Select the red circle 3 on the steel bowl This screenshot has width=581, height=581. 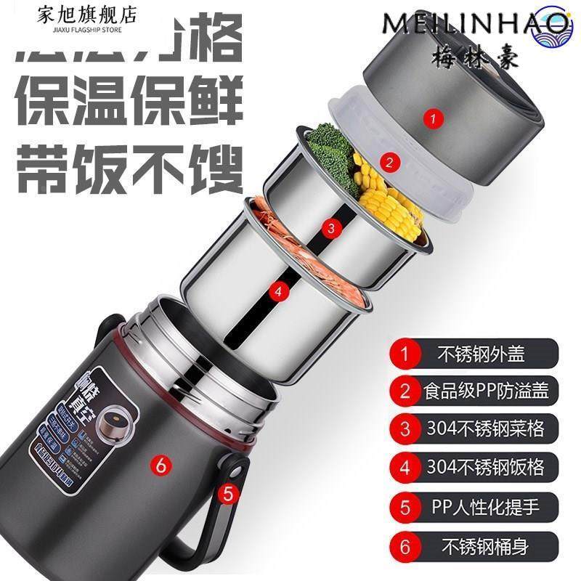(332, 229)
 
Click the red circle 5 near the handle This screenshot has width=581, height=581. (228, 495)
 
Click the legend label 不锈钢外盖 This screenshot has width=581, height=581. (480, 355)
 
